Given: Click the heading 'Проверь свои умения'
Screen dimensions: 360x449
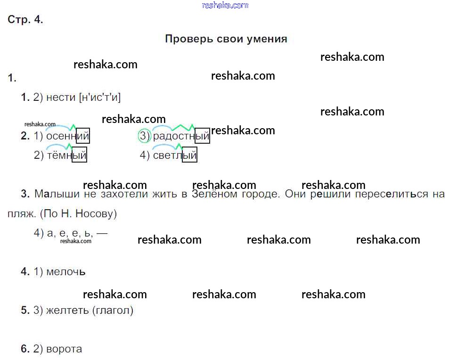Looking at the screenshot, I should [x=226, y=39].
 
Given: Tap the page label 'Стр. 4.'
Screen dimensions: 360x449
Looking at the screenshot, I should [x=25, y=20].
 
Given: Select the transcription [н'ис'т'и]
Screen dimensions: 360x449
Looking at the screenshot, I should [x=100, y=98].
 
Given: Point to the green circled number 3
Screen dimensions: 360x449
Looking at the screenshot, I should [x=144, y=136].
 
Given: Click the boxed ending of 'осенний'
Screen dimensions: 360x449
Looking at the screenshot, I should [x=83, y=136].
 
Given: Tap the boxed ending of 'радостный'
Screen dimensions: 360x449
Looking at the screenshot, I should [x=203, y=136].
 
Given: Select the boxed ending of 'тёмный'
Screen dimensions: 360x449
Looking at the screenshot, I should [x=80, y=155].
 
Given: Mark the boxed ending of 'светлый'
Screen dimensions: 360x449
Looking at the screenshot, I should [x=189, y=155].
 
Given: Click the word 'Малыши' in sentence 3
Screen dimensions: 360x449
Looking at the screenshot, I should [x=52, y=194].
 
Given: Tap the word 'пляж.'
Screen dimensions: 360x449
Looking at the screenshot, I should [x=22, y=213].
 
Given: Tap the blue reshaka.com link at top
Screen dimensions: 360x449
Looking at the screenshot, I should [x=225, y=5].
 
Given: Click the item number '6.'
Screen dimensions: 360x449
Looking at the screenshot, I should [x=25, y=349].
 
